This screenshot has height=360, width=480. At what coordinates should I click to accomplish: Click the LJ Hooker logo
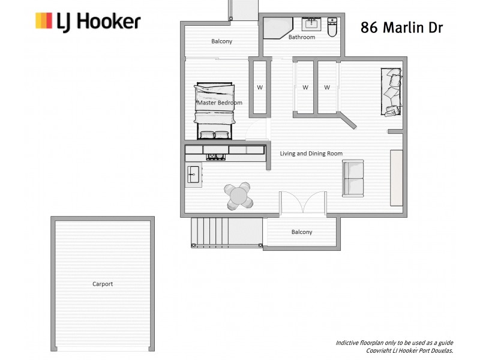[x=88, y=22]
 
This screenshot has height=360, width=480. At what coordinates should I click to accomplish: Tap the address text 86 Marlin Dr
[x=401, y=28]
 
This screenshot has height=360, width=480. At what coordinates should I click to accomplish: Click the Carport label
[x=103, y=284]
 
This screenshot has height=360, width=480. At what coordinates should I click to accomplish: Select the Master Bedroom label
[x=220, y=103]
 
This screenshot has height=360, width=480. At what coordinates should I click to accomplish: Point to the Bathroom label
[x=301, y=37]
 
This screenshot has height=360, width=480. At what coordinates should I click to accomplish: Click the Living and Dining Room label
[x=311, y=154]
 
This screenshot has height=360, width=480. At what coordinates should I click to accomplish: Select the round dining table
[x=239, y=195]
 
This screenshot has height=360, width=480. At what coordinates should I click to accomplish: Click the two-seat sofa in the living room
[x=353, y=178]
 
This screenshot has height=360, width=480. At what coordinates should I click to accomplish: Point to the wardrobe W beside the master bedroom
[x=260, y=87]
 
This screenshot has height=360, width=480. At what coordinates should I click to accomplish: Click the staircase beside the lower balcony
[x=227, y=232]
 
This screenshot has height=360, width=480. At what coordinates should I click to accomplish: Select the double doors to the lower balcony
[x=302, y=203]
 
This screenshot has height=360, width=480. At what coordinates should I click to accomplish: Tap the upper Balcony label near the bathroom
[x=221, y=41]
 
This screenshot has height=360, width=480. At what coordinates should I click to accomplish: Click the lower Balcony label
[x=302, y=232]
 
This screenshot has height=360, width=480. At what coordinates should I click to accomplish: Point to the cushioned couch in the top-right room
[x=391, y=91]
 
